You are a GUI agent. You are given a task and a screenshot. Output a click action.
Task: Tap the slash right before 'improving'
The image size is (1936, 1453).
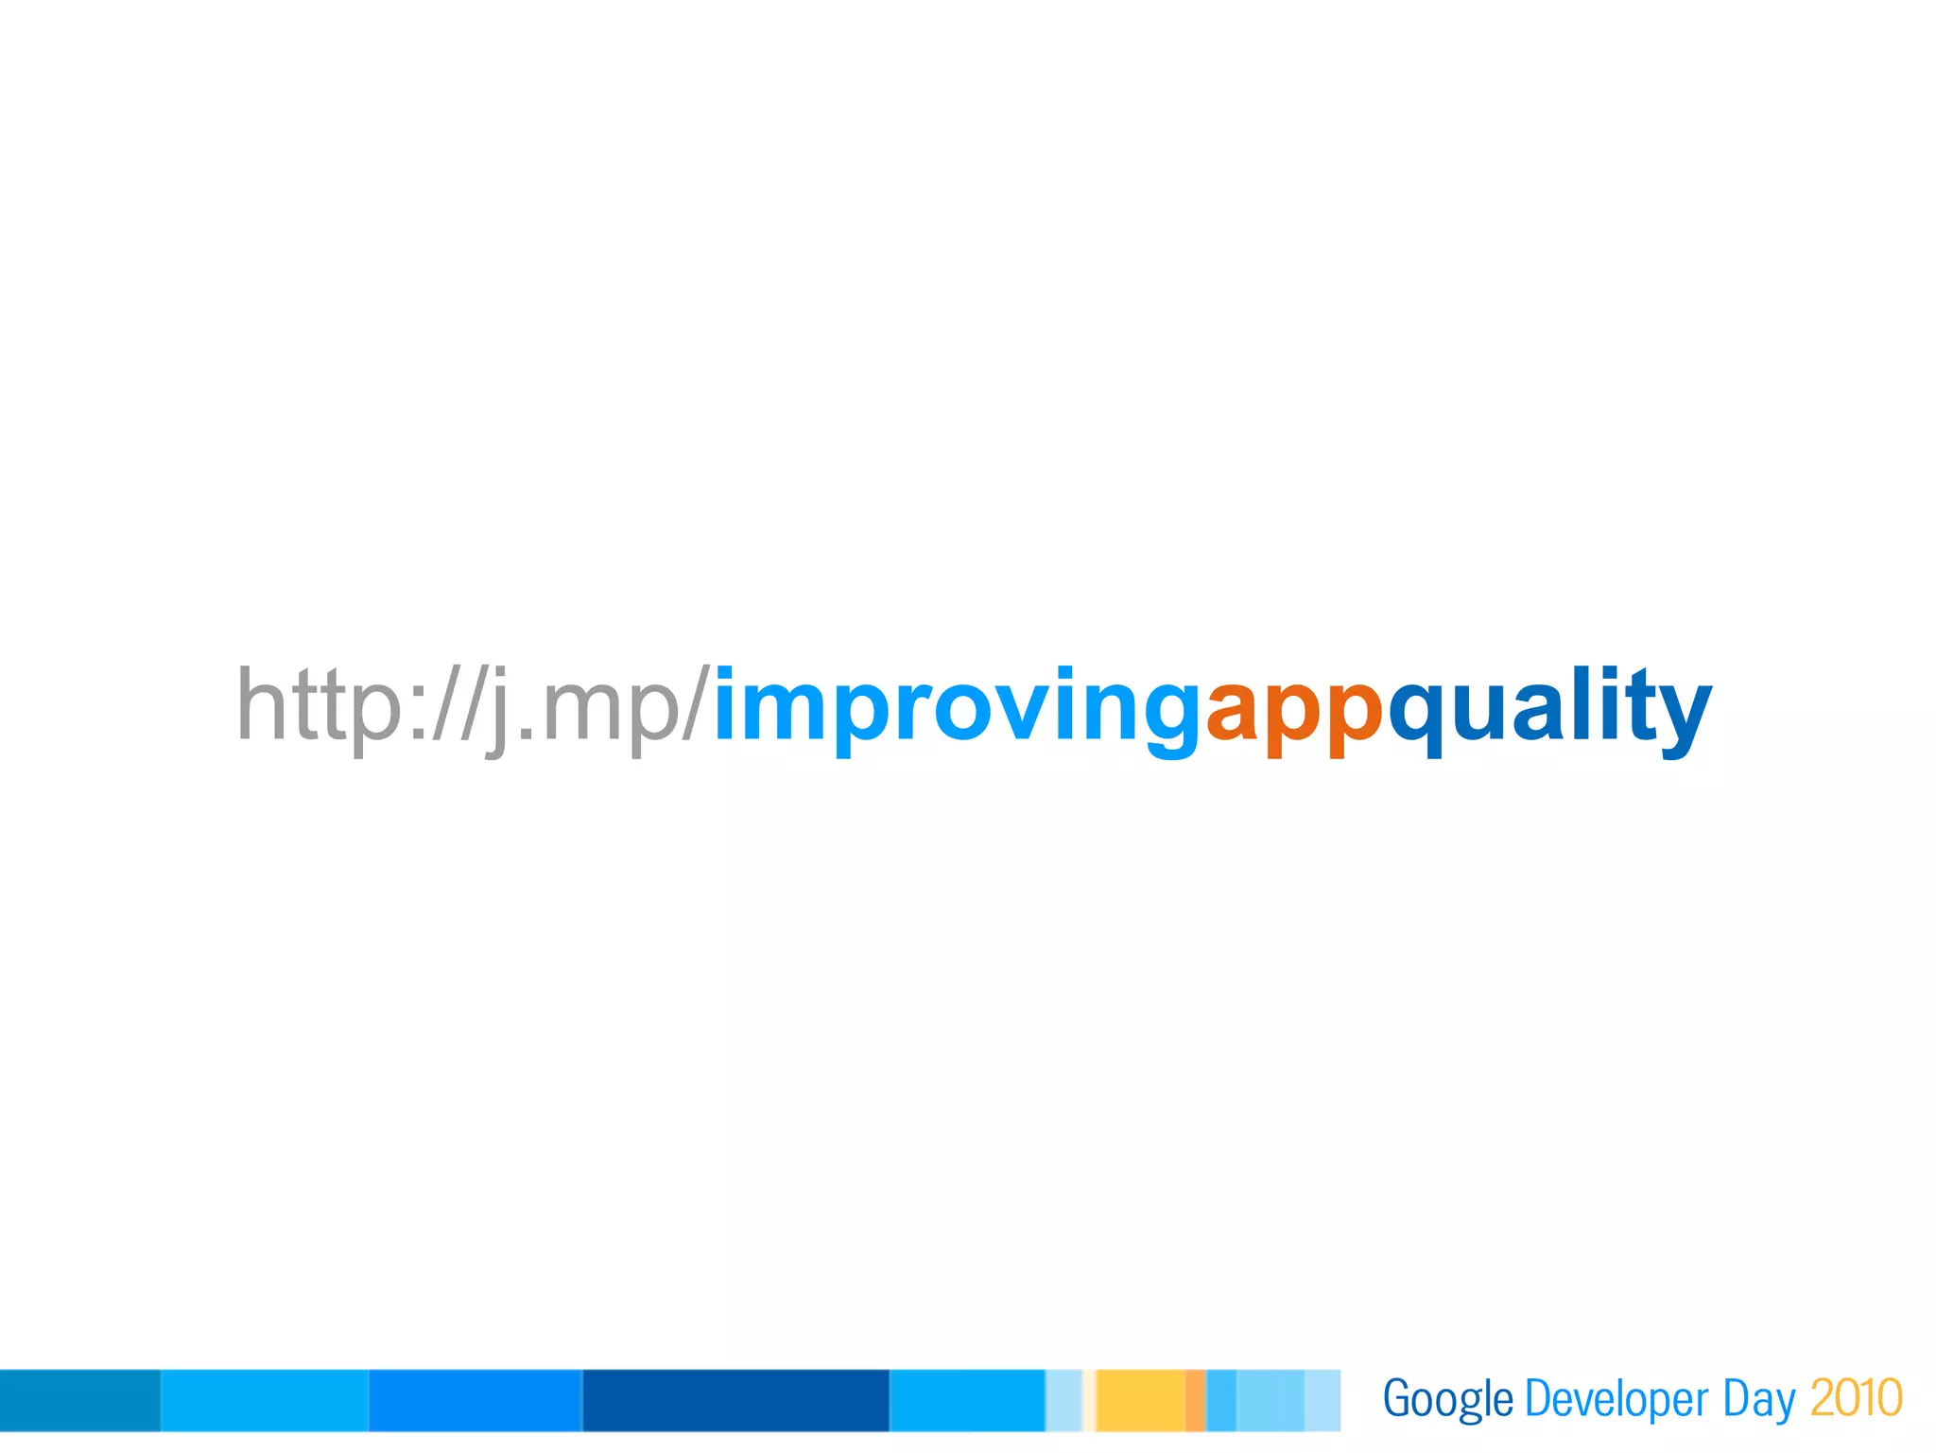pos(695,704)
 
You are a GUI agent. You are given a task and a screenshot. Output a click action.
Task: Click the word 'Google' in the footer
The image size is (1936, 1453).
pos(1447,1400)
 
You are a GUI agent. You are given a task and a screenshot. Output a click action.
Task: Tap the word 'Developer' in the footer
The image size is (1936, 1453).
pos(1616,1400)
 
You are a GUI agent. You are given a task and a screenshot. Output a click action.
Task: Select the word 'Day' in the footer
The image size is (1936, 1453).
pos(1758,1400)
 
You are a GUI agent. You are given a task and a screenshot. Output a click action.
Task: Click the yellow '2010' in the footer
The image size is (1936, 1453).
pos(1856,1398)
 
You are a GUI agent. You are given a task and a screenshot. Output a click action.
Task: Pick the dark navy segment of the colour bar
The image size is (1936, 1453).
pos(735,1400)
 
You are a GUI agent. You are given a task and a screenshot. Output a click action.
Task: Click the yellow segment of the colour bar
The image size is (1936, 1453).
pos(1140,1400)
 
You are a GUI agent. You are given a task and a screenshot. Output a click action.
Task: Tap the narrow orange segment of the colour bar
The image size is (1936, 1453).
pos(1195,1400)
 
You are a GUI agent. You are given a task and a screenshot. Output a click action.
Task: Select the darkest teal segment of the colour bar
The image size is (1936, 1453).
pos(79,1400)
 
